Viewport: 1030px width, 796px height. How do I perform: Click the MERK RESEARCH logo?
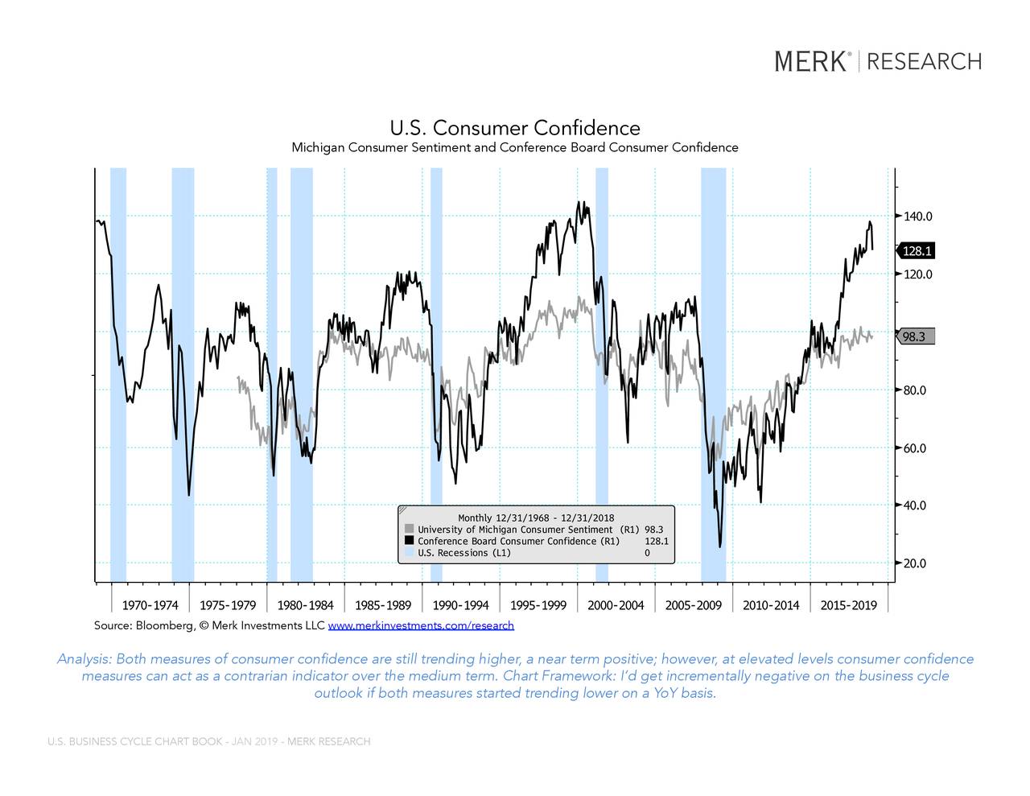(x=878, y=61)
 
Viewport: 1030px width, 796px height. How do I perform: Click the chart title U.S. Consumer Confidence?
(x=515, y=128)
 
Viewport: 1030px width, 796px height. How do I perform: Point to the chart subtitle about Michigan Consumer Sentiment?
(x=514, y=147)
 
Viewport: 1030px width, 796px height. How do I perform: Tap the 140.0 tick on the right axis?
(x=917, y=217)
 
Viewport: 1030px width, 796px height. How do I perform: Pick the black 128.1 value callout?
(x=917, y=251)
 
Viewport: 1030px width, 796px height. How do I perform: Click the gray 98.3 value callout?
(x=915, y=337)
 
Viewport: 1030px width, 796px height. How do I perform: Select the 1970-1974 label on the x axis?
(x=150, y=605)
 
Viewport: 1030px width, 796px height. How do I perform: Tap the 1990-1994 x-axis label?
(x=460, y=605)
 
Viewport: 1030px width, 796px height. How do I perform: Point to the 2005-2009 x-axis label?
(x=693, y=605)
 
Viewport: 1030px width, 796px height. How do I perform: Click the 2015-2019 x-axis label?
(x=848, y=605)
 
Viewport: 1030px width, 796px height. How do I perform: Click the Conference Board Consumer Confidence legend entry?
(x=518, y=541)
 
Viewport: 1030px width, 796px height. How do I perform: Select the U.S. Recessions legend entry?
(x=463, y=553)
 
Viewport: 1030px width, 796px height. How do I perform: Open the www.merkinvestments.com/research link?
(x=421, y=625)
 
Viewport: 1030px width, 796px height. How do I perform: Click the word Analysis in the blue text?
(x=84, y=659)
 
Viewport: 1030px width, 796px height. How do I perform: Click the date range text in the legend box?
(x=535, y=518)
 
